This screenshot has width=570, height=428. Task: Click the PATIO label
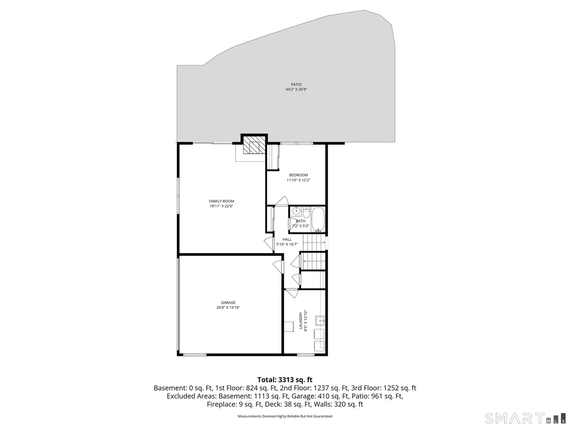(x=296, y=84)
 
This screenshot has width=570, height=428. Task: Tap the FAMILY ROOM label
(x=221, y=201)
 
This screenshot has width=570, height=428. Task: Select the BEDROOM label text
(x=298, y=175)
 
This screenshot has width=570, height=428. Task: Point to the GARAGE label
(x=228, y=302)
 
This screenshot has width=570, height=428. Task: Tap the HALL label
(x=287, y=239)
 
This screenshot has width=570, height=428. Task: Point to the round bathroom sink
(x=295, y=211)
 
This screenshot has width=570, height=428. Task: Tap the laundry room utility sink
(x=320, y=320)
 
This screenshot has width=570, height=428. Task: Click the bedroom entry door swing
(x=281, y=201)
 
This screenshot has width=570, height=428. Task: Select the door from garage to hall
(x=278, y=266)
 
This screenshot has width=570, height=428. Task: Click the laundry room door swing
(x=292, y=293)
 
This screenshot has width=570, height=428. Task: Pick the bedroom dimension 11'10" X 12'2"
(x=298, y=181)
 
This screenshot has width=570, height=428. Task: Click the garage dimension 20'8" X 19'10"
(x=228, y=308)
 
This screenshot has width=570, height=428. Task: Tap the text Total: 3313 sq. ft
(x=285, y=380)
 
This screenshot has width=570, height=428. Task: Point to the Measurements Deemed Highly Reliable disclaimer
(x=285, y=416)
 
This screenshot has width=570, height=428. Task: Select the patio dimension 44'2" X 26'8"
(x=296, y=90)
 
